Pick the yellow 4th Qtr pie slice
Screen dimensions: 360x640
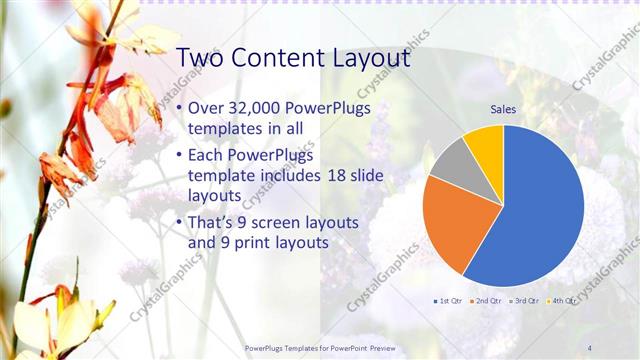485,145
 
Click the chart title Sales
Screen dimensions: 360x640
503,109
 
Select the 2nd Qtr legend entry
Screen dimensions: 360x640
487,300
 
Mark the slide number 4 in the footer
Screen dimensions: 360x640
590,347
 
